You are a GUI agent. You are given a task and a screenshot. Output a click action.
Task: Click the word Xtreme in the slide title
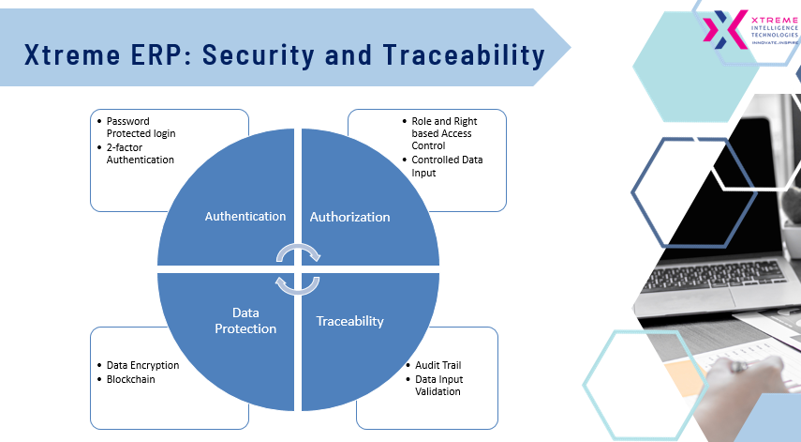(72, 54)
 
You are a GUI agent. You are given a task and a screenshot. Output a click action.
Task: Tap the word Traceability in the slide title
(464, 55)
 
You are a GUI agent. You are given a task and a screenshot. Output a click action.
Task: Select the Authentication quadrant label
(245, 217)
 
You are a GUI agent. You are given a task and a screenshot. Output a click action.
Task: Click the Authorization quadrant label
(350, 217)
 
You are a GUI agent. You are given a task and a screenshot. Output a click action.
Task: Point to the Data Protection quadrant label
(245, 321)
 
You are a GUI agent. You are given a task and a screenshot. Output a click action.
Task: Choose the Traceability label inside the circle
(350, 321)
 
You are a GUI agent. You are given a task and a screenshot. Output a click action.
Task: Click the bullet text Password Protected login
(141, 128)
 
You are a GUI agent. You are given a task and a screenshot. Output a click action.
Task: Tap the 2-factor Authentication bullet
(140, 154)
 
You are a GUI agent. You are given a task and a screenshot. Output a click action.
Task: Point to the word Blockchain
(131, 379)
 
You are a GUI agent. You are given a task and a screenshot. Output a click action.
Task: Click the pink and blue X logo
(725, 30)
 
